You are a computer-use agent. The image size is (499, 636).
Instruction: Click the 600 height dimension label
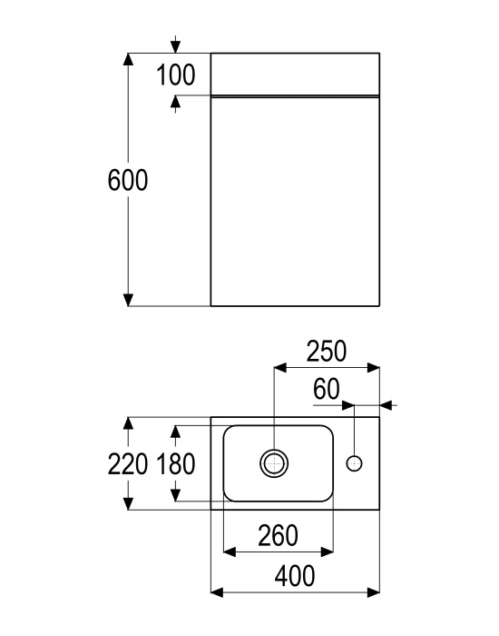coord(128,180)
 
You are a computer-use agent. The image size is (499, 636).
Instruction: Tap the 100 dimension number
coord(176,75)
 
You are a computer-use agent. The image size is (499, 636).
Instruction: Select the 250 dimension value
coord(327,351)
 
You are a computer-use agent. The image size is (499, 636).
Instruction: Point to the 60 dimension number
coord(326,389)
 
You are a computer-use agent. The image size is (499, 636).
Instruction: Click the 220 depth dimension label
coord(128,464)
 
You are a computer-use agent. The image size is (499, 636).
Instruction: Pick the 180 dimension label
coord(176,464)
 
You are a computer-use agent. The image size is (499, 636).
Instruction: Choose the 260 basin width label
coord(278,535)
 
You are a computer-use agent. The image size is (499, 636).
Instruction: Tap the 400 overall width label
coord(295,576)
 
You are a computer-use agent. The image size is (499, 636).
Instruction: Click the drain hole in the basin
coord(274,463)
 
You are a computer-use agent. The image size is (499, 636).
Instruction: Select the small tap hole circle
coord(355,463)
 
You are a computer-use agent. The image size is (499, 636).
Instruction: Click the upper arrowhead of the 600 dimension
coord(128,59)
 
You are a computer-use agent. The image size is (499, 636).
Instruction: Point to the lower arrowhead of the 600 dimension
coord(128,300)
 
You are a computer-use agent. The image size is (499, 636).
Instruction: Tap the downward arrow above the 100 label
coord(175,45)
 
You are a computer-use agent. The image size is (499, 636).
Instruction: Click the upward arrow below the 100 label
coord(175,104)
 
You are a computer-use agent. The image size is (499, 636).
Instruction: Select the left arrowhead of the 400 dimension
coord(218,592)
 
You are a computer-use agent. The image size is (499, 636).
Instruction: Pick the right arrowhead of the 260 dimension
coord(327,552)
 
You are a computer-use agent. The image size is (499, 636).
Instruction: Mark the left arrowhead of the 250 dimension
coord(280,368)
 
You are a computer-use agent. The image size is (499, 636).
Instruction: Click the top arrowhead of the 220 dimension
coord(128,423)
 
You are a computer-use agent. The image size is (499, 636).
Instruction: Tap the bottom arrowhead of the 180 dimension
coord(175,495)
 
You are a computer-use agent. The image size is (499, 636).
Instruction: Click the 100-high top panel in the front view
coord(295,75)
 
